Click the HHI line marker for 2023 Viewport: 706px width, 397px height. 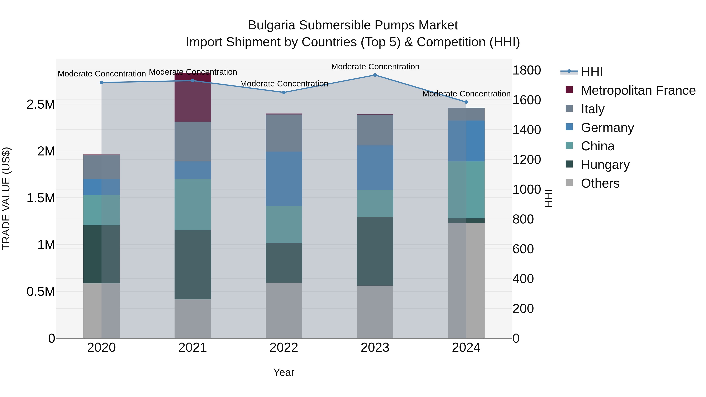pyautogui.click(x=375, y=75)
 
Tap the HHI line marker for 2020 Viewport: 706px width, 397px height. pyautogui.click(x=101, y=83)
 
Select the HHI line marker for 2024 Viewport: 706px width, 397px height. pyautogui.click(x=466, y=102)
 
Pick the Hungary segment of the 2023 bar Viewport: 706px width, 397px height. pyautogui.click(x=375, y=251)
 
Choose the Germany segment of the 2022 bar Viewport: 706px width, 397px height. pyautogui.click(x=284, y=179)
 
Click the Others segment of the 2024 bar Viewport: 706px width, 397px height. pyautogui.click(x=466, y=280)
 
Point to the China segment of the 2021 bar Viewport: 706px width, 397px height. pyautogui.click(x=193, y=204)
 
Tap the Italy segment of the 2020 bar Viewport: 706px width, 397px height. pyautogui.click(x=101, y=167)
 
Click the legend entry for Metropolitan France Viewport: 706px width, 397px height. pyautogui.click(x=638, y=90)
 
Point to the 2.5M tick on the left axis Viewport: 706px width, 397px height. pyautogui.click(x=41, y=104)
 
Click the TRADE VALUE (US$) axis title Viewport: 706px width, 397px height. pyautogui.click(x=6, y=198)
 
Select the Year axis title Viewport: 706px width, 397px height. pyautogui.click(x=284, y=372)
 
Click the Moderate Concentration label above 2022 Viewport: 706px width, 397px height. pyautogui.click(x=284, y=84)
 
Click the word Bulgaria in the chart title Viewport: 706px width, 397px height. pyautogui.click(x=271, y=25)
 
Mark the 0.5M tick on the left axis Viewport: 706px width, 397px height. pyautogui.click(x=41, y=292)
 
